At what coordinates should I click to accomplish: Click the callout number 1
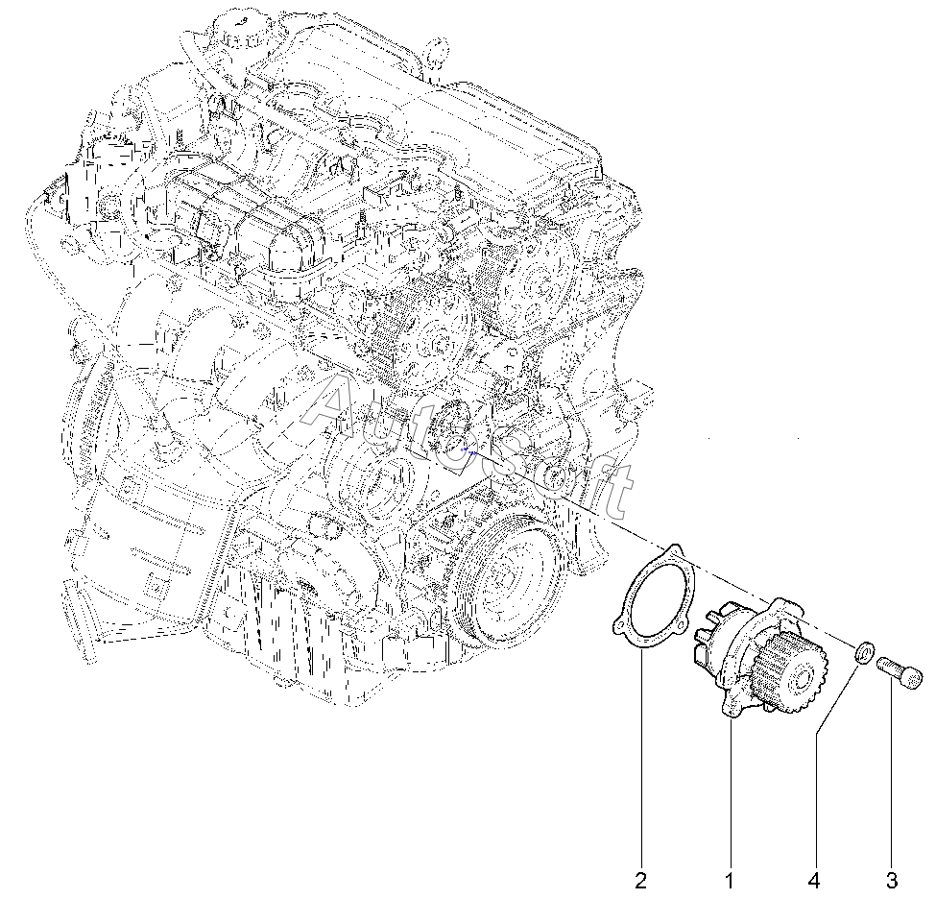[729, 879]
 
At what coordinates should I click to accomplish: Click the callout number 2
[640, 879]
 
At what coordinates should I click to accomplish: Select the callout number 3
[891, 879]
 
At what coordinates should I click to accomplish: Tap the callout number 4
[814, 879]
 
